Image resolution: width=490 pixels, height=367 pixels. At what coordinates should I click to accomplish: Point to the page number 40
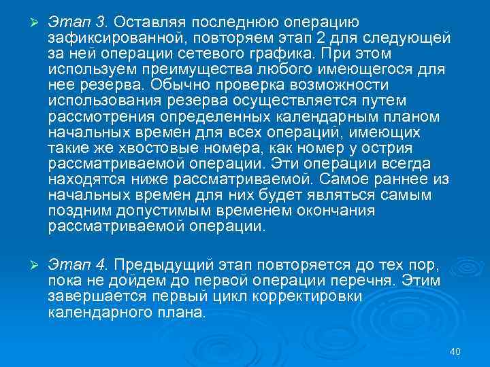(455, 351)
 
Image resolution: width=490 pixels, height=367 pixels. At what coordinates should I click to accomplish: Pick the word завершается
(97, 296)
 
